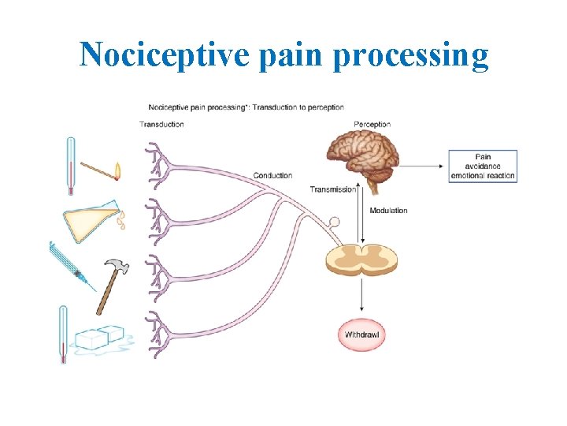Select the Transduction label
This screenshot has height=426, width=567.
161,124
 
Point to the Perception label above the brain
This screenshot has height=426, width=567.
372,124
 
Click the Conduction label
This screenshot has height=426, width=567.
272,175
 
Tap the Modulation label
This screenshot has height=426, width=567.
389,211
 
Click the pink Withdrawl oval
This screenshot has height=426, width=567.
362,334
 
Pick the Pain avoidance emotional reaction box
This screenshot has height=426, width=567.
483,166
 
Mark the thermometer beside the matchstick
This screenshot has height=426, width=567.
70,164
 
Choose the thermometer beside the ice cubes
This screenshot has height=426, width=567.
63,333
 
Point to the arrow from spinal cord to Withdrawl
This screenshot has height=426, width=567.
361,299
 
